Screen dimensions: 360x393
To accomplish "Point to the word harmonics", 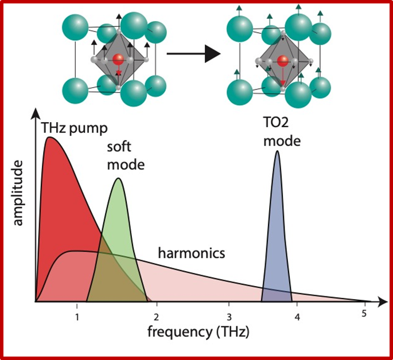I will [x=192, y=252].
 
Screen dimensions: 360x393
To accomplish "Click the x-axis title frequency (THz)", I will [x=199, y=331].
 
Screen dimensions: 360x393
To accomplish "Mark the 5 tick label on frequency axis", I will [x=364, y=312].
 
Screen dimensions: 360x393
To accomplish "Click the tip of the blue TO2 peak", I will [x=278, y=151].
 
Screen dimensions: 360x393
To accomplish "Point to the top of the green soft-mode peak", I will [x=119, y=179].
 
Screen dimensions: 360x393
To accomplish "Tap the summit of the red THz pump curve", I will [x=49, y=138].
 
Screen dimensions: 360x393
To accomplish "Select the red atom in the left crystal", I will [x=118, y=60].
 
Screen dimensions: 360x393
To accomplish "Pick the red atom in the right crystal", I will [x=282, y=61].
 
